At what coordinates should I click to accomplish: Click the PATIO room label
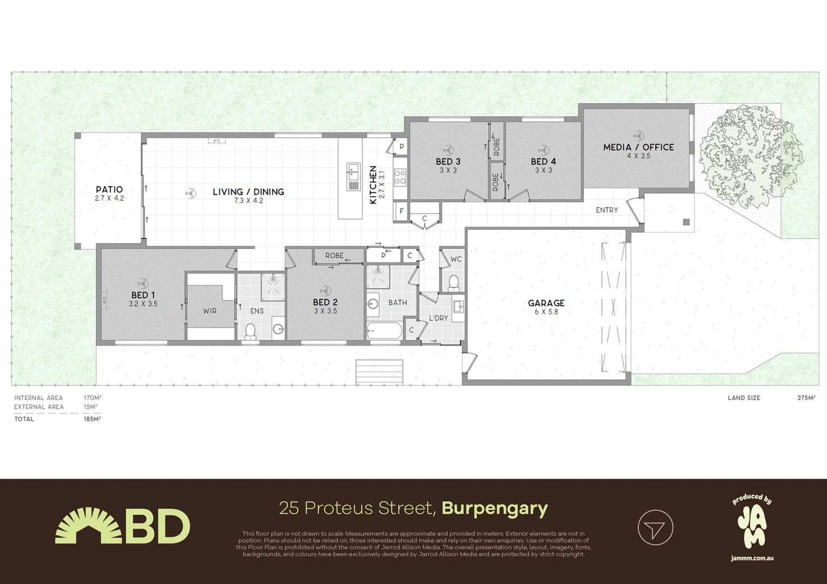[x=109, y=190]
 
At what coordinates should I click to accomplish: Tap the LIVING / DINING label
[x=248, y=192]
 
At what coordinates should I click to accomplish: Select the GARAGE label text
[x=546, y=303]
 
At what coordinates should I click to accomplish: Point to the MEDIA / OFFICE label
[x=638, y=147]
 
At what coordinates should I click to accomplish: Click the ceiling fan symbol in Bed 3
[x=448, y=150]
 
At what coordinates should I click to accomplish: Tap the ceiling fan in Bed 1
[x=143, y=283]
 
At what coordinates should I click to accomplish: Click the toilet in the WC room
[x=454, y=283]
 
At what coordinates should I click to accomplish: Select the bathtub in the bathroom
[x=384, y=330]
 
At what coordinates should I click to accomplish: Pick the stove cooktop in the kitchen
[x=400, y=177]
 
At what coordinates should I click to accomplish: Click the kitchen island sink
[x=353, y=177]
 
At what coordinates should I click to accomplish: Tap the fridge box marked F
[x=401, y=212]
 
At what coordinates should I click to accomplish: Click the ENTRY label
[x=607, y=210]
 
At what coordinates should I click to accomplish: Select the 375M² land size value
[x=806, y=397]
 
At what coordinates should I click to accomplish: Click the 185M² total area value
[x=92, y=419]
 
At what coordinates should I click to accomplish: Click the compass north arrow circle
[x=655, y=528]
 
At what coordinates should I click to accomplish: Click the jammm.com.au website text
[x=752, y=558]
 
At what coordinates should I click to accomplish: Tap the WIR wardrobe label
[x=209, y=311]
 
